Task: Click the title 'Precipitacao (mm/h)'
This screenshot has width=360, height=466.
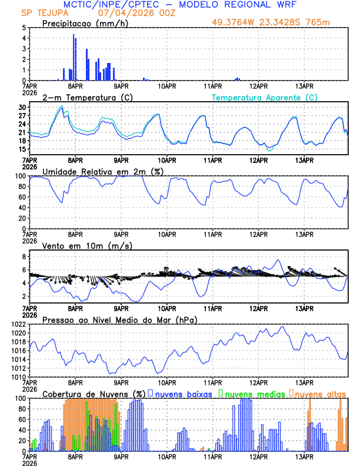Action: pyautogui.click(x=85, y=23)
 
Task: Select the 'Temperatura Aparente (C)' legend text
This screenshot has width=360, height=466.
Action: pyautogui.click(x=265, y=97)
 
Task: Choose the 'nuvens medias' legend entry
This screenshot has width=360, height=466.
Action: pyautogui.click(x=254, y=394)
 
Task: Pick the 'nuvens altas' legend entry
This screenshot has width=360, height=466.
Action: pyautogui.click(x=320, y=394)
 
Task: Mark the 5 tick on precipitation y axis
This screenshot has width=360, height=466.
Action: pyautogui.click(x=24, y=28)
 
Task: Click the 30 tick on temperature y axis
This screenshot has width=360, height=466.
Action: pyautogui.click(x=22, y=108)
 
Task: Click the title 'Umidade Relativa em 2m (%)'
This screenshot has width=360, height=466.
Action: pyautogui.click(x=99, y=171)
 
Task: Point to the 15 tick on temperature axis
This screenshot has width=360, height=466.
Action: pyautogui.click(x=22, y=149)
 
